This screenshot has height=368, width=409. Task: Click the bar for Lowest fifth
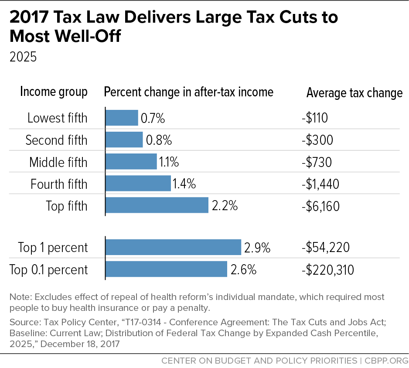[122, 118]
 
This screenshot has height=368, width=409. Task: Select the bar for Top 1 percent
[173, 247]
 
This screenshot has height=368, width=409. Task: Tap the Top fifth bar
[157, 205]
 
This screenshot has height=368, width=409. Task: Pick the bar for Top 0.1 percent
[166, 269]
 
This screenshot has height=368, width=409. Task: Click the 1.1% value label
[169, 162]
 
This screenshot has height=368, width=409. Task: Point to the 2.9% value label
[257, 248]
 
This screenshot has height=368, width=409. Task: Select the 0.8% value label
[159, 140]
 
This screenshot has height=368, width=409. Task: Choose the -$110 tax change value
[314, 118]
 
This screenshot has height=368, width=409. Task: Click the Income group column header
[54, 92]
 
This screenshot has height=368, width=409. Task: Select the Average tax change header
[354, 92]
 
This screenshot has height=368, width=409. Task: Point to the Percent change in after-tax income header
[188, 92]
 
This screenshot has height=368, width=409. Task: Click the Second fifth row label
[56, 140]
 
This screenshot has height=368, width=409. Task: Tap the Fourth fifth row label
[59, 184]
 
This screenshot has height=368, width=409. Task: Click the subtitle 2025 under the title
[23, 57]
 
